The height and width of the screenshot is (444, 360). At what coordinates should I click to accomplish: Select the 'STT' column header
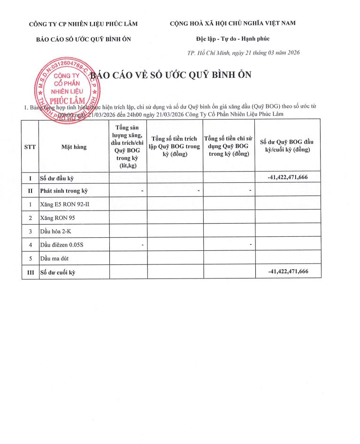pyautogui.click(x=30, y=147)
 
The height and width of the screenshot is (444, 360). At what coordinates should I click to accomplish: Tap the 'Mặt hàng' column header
pyautogui.click(x=74, y=147)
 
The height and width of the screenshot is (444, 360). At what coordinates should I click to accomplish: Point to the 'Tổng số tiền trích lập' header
pyautogui.click(x=175, y=146)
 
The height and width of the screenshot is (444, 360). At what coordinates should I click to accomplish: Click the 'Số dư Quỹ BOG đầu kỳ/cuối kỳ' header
pyautogui.click(x=287, y=145)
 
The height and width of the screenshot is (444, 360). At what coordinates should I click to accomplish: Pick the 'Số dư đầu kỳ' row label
pyautogui.click(x=58, y=178)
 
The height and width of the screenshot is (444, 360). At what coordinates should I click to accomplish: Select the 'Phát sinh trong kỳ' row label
pyautogui.click(x=64, y=191)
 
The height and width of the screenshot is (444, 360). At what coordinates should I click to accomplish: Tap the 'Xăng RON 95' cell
pyautogui.click(x=57, y=218)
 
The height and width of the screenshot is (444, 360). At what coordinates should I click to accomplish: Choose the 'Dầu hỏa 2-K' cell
pyautogui.click(x=56, y=231)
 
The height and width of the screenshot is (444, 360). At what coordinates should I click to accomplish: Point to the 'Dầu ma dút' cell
pyautogui.click(x=56, y=258)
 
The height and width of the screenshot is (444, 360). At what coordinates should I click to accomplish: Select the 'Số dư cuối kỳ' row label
pyautogui.click(x=58, y=272)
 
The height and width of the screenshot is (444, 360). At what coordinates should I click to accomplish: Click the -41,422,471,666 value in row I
pyautogui.click(x=288, y=177)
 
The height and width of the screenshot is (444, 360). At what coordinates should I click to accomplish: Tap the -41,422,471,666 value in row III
pyautogui.click(x=288, y=271)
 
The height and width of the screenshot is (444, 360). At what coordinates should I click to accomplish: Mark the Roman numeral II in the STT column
pyautogui.click(x=30, y=191)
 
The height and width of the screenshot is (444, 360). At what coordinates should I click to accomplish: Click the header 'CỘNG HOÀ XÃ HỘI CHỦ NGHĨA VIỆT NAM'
pyautogui.click(x=232, y=23)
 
